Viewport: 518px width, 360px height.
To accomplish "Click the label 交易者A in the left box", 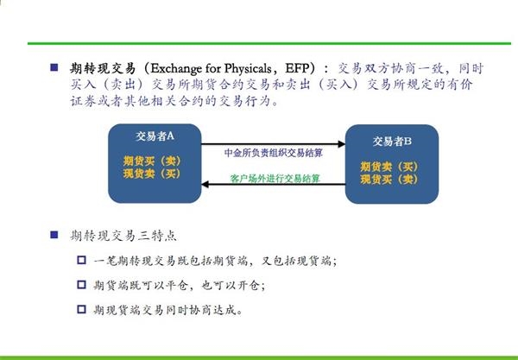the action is pos(155,136).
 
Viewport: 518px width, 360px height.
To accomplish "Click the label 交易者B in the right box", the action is pos(392,142).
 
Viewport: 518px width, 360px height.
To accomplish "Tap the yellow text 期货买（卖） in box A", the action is pos(152,161).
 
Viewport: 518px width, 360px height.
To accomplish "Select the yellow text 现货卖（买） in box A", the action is pos(152,174).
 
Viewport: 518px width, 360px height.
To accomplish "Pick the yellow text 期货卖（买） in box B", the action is pos(389,167).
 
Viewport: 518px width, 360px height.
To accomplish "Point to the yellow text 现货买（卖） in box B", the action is pos(389,179).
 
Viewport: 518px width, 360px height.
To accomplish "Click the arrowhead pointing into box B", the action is pos(342,144).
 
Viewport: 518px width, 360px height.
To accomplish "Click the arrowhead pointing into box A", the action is pos(205,184).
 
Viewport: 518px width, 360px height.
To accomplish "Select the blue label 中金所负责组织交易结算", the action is pos(273,153).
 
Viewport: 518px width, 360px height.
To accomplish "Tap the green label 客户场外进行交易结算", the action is pos(275,179).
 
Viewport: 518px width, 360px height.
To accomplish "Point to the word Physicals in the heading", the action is pos(248,68).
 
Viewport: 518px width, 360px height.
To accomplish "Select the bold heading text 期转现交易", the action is pos(103,68).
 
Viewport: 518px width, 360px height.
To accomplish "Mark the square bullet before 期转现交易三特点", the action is pos(54,235).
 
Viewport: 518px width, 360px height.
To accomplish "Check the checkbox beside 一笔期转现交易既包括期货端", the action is pos(81,260).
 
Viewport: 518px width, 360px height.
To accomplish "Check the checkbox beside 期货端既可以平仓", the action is pos(81,285).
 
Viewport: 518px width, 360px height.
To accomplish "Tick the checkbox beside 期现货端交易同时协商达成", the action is pos(81,309).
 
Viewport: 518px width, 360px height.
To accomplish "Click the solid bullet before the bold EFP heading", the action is pos(54,67).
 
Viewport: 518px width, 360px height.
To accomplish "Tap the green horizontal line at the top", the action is pos(269,43).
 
